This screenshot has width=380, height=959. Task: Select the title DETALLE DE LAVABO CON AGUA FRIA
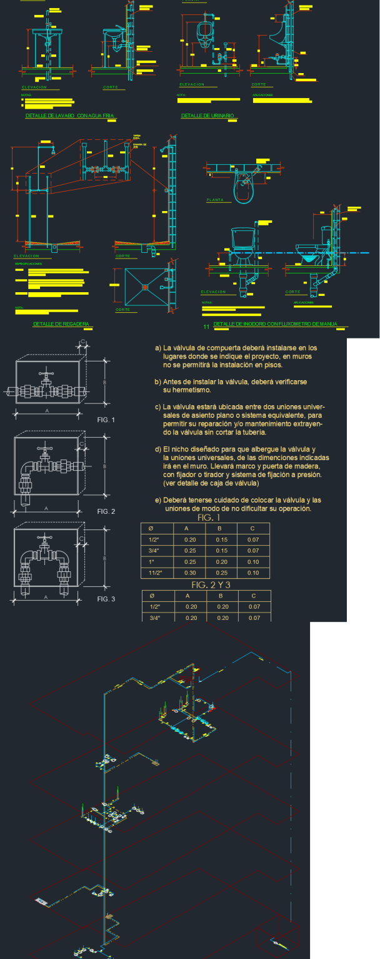[71, 116]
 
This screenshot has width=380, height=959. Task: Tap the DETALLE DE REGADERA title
[61, 324]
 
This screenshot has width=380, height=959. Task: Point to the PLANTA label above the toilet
[215, 200]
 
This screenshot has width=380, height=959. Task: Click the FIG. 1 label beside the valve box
[106, 420]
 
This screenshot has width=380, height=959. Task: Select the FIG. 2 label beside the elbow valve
[106, 511]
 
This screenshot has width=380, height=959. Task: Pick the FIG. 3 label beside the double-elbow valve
[106, 599]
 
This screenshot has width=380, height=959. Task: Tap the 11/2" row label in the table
[155, 573]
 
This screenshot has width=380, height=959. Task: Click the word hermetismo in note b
[186, 390]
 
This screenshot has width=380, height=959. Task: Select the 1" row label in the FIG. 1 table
[152, 561]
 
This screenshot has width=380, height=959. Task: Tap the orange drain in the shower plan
[145, 287]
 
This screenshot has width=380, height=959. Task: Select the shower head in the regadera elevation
[54, 150]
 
